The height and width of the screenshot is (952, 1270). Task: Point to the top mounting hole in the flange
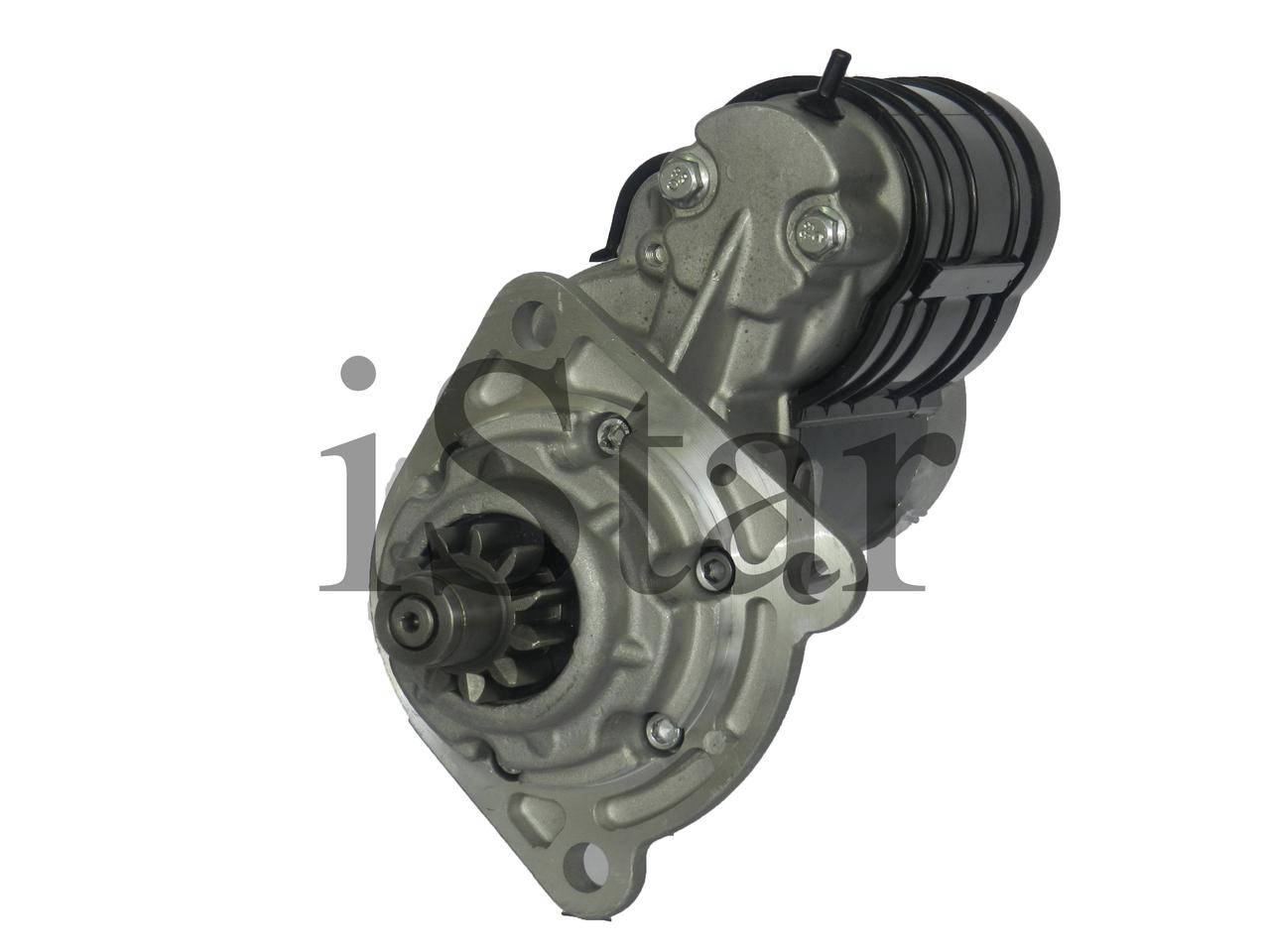[538, 318]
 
